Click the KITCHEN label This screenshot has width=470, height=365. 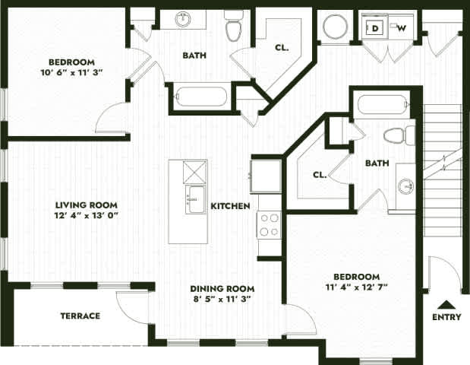click(230, 206)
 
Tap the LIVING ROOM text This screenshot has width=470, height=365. click(87, 205)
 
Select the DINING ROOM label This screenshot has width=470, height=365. click(222, 289)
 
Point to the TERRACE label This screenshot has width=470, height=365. click(80, 316)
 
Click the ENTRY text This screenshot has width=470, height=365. click(446, 317)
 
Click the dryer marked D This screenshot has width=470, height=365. click(375, 28)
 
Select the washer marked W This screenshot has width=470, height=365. click(400, 28)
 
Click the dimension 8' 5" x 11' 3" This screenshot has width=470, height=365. click(222, 300)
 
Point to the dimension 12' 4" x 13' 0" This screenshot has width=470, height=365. click(87, 215)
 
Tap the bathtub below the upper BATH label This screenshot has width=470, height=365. click(201, 97)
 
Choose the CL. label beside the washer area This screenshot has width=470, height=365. click(282, 47)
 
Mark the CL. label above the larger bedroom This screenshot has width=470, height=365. click(320, 174)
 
